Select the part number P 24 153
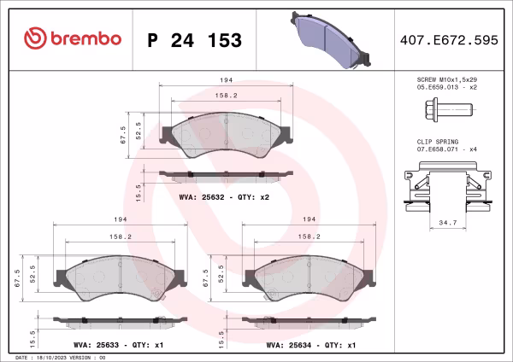[x=195, y=40]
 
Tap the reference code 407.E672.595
[x=448, y=39]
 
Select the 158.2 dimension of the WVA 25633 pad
[x=118, y=236]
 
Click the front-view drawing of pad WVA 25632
[x=227, y=135]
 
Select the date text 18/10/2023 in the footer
[x=59, y=358]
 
